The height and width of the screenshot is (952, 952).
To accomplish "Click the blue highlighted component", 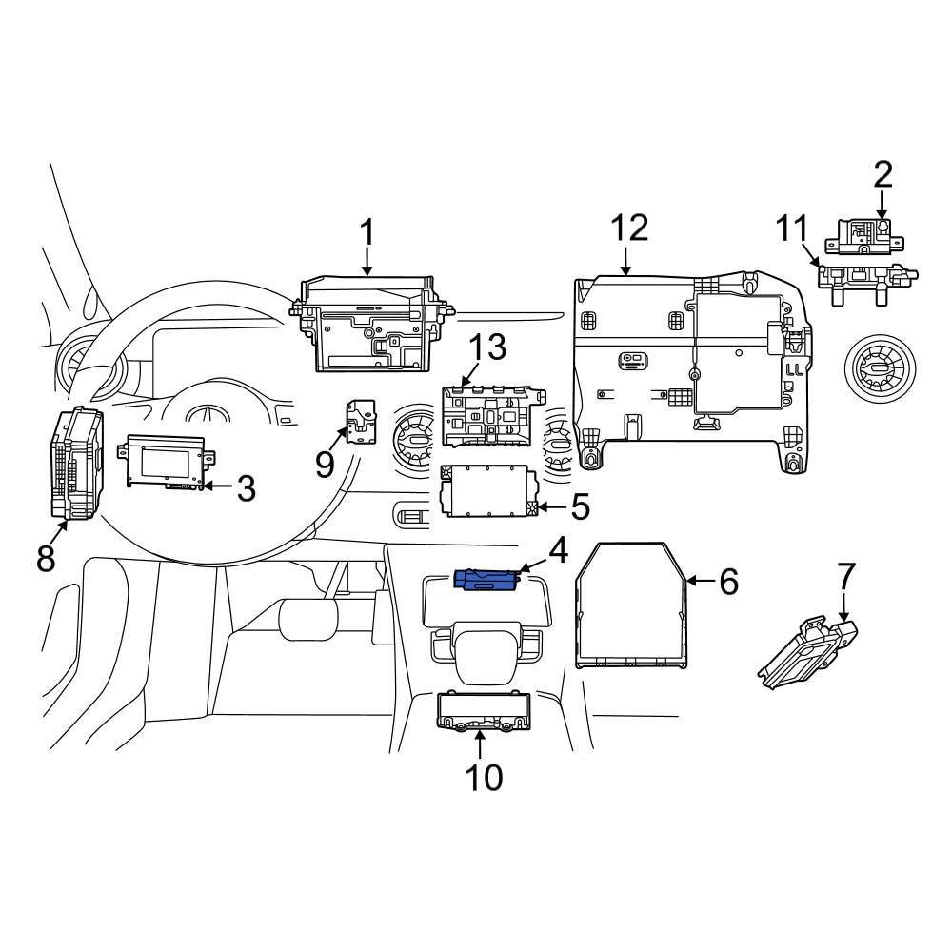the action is pyautogui.click(x=487, y=579).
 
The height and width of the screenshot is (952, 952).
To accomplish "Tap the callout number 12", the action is pyautogui.click(x=629, y=228).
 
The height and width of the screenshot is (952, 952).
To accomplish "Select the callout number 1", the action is pyautogui.click(x=367, y=233).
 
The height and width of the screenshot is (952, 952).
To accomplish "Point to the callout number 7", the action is pyautogui.click(x=846, y=577).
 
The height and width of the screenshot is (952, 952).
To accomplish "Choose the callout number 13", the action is pyautogui.click(x=488, y=347).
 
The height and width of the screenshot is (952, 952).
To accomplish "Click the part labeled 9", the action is pyautogui.click(x=360, y=422).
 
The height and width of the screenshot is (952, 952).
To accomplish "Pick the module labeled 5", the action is pyautogui.click(x=489, y=490).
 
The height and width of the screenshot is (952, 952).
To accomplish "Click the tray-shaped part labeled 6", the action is pyautogui.click(x=631, y=605).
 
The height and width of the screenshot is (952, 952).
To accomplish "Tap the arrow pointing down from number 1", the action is pyautogui.click(x=367, y=263).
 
